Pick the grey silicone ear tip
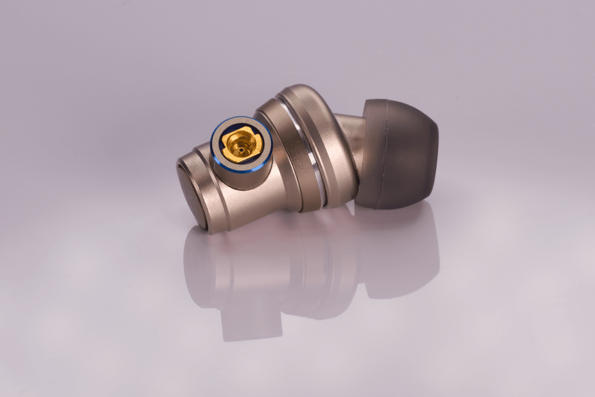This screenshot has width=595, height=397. [x=399, y=152]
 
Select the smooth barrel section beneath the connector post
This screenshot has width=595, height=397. [x=253, y=206]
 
